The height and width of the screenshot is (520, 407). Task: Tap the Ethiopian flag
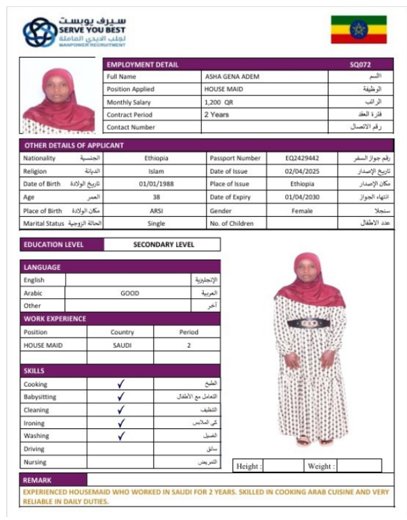358,29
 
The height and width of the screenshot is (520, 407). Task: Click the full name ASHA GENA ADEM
232,77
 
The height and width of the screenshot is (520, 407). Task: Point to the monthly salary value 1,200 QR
219,102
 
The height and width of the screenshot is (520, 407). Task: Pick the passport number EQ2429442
302,158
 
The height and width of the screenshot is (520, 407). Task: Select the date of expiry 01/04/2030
302,197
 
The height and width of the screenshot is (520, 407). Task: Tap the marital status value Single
156,223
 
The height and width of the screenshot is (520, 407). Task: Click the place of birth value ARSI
156,210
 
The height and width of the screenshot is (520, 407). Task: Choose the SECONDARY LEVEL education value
163,245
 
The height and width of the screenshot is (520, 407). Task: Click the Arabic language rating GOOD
129,294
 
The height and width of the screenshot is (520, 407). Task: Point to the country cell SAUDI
123,345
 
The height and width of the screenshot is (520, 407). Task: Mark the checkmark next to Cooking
121,384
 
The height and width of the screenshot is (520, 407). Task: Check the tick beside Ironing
121,423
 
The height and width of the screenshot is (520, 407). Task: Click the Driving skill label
35,449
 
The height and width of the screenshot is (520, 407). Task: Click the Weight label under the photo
321,466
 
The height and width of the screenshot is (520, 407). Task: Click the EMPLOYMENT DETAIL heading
143,65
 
